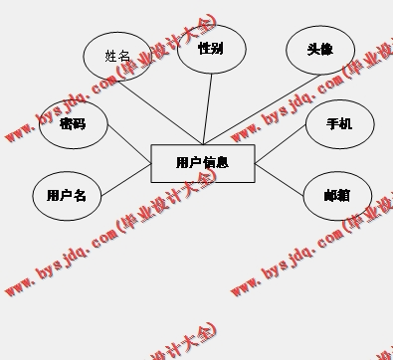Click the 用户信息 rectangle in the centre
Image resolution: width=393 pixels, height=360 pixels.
pyautogui.click(x=203, y=163)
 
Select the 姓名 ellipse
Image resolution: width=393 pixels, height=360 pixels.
pyautogui.click(x=117, y=58)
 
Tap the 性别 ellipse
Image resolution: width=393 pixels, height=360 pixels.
pyautogui.click(x=211, y=49)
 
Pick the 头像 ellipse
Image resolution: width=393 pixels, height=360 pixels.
pyautogui.click(x=319, y=50)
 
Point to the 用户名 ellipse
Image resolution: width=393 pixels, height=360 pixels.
pyautogui.click(x=67, y=196)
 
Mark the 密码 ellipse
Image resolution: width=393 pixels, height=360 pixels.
pyautogui.click(x=72, y=124)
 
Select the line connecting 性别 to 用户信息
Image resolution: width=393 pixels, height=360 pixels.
pyautogui.click(x=209, y=109)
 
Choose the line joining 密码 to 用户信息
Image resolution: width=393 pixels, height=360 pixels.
pyautogui.click(x=127, y=141)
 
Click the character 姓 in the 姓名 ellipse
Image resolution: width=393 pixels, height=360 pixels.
pyautogui.click(x=111, y=58)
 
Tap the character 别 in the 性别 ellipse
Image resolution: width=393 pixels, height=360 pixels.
pyautogui.click(x=217, y=49)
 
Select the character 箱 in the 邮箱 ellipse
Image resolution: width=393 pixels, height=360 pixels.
pyautogui.click(x=343, y=195)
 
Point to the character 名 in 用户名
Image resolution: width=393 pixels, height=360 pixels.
pyautogui.click(x=81, y=196)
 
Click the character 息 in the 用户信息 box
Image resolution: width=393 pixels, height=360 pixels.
pyautogui.click(x=223, y=162)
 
